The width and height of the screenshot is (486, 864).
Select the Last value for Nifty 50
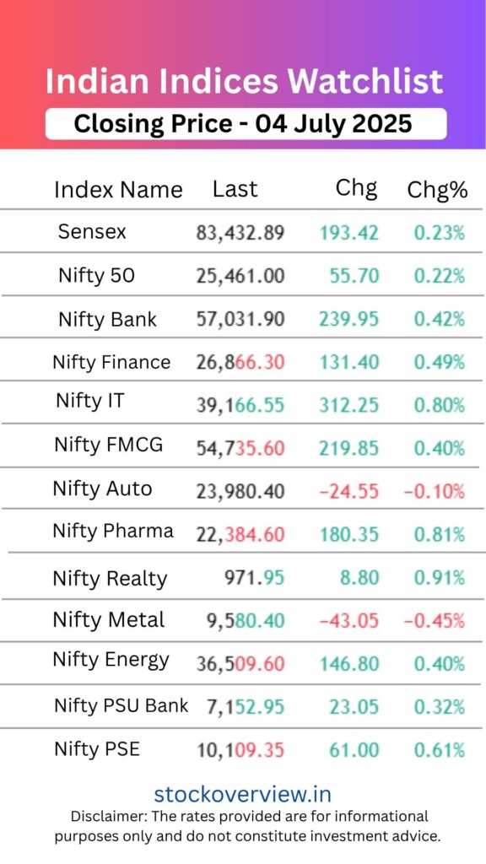coord(240,275)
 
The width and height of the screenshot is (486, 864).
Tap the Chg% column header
coord(437,190)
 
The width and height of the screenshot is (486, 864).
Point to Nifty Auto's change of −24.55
coord(349,490)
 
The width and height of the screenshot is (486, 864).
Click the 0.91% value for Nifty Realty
coord(439,578)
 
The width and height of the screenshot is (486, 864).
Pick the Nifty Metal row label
coord(109,619)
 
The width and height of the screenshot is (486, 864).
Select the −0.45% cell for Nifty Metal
coord(434,621)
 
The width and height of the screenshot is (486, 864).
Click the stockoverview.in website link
coord(242,794)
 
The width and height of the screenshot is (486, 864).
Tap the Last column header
coord(235,189)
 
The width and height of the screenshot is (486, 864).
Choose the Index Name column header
coord(118,190)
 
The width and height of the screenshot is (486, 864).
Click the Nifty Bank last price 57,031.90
coord(240,319)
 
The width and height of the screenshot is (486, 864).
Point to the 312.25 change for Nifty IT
coord(349,405)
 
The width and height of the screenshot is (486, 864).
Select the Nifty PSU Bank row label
coord(121,705)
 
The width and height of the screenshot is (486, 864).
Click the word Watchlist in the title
coord(365,82)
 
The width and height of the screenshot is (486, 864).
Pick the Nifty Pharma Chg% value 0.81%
coord(439,534)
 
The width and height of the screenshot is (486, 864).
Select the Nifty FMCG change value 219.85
coord(349,447)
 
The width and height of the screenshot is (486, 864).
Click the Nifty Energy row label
coord(111,660)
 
